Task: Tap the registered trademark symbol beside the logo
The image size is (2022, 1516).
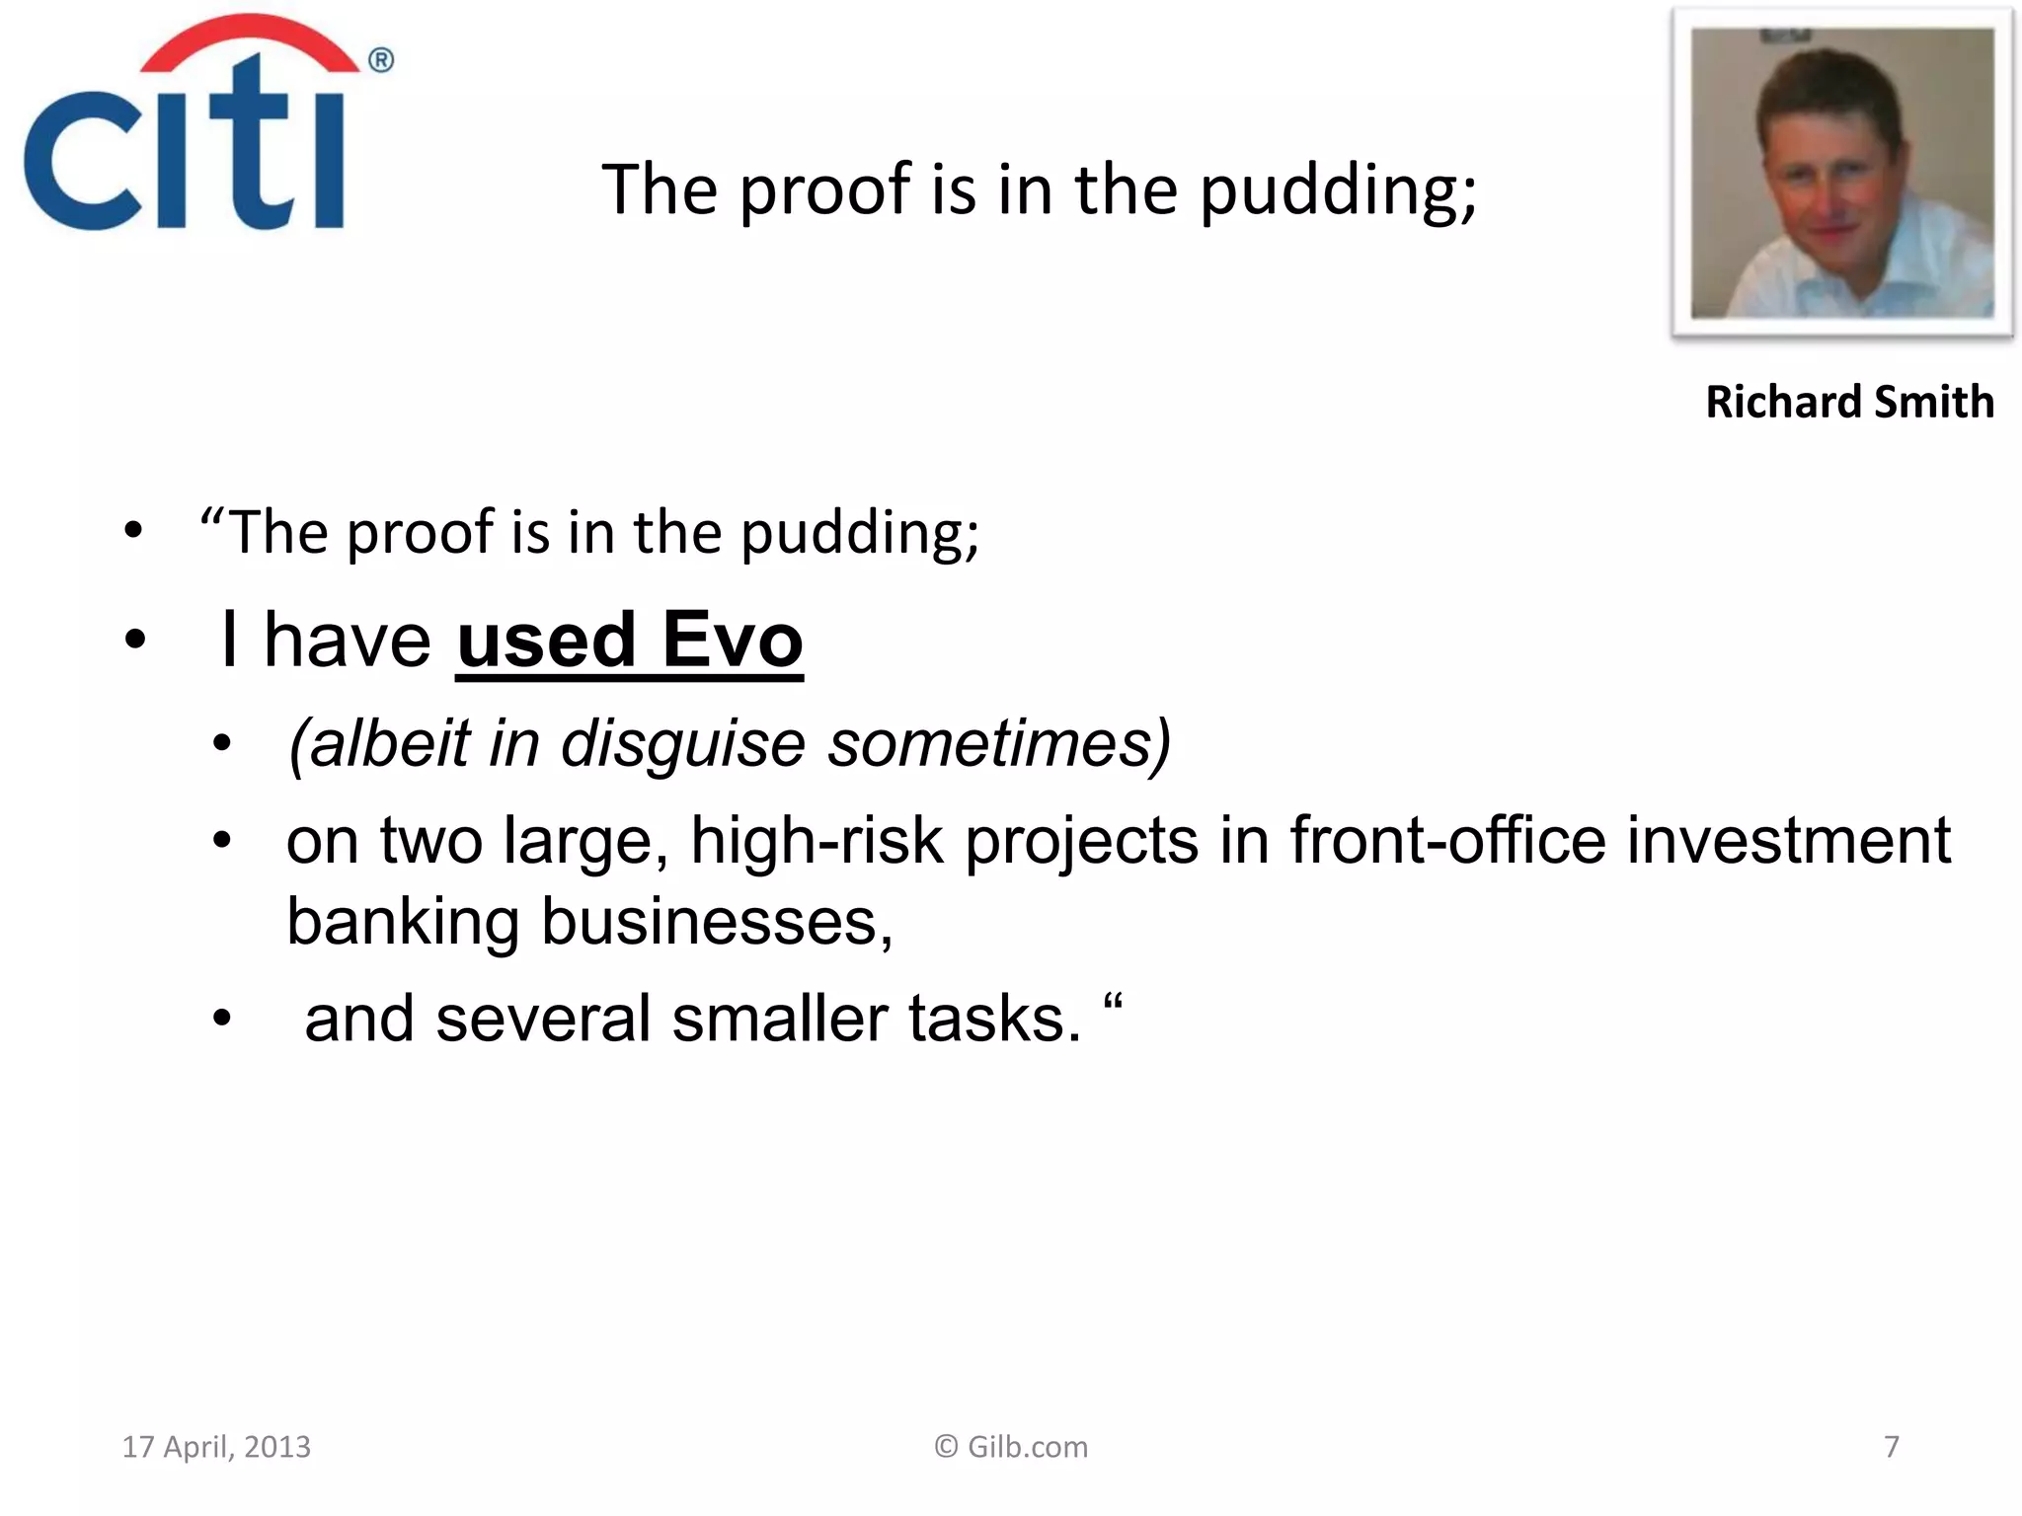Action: (381, 61)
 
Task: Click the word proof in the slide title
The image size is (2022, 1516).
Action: (824, 189)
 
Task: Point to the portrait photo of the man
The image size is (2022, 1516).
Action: (1842, 173)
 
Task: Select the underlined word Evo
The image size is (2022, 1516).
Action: (732, 640)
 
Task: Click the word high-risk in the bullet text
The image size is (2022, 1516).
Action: (817, 841)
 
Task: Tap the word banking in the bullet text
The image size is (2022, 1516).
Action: (403, 922)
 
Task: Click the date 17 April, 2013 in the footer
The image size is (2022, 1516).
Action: (216, 1447)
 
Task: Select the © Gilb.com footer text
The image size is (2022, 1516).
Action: (1011, 1447)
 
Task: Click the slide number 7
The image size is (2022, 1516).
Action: (1891, 1447)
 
